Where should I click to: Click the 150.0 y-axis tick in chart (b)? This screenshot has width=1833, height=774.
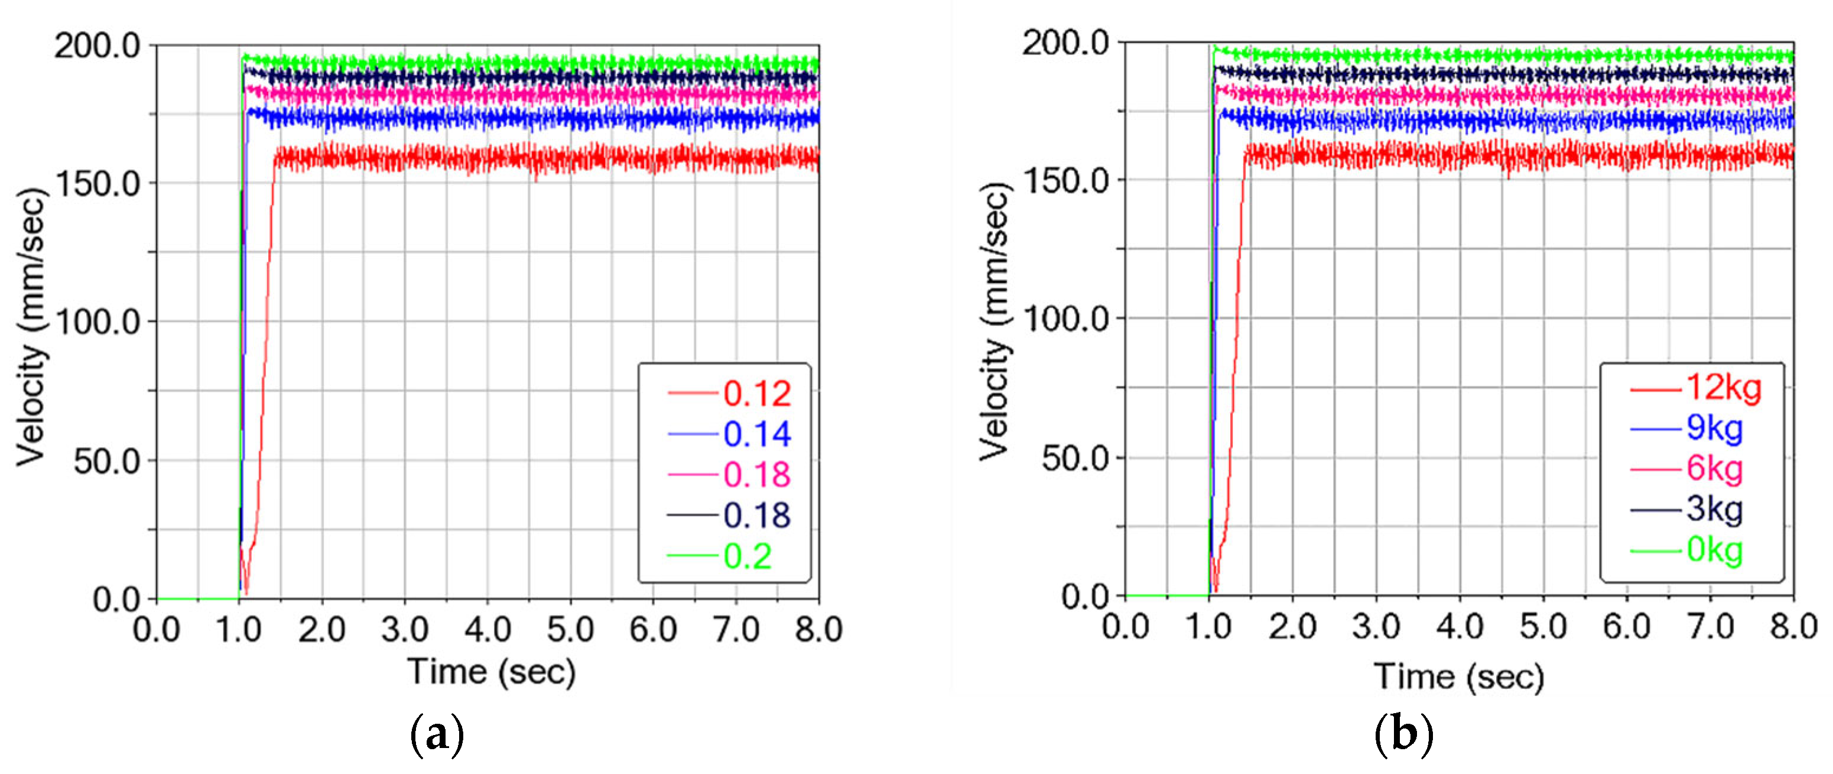tap(1066, 181)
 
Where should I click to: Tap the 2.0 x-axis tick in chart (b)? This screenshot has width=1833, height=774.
tap(1292, 627)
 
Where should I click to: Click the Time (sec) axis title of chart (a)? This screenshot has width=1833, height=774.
tap(491, 672)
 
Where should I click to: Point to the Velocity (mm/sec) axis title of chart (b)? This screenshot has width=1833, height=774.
tap(994, 321)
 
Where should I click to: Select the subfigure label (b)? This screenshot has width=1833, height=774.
tap(1403, 736)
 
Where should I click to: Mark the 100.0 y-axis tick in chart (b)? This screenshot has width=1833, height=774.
tap(1066, 318)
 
